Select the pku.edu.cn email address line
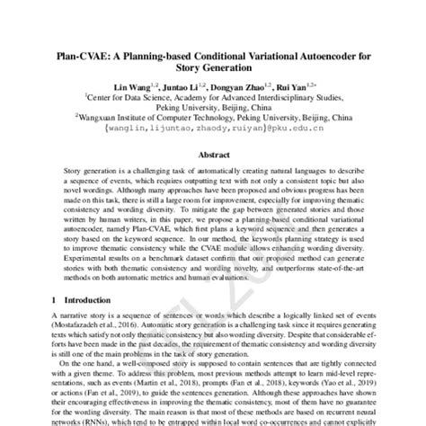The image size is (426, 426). pos(213,127)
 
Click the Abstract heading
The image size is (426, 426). pos(212,154)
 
